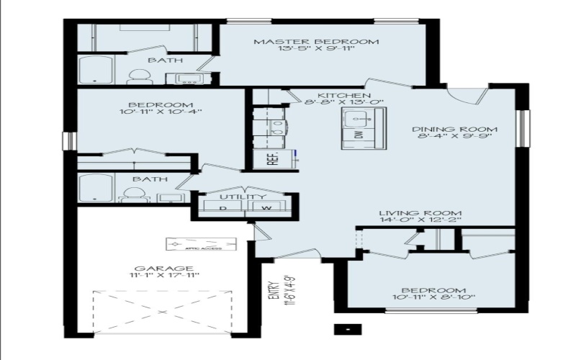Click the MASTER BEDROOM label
(x=315, y=42)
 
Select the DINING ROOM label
(x=454, y=130)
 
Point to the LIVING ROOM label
(x=420, y=214)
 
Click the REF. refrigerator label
(x=273, y=159)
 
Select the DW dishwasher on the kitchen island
(x=357, y=135)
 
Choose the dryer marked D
(x=222, y=209)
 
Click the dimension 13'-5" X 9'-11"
(x=315, y=51)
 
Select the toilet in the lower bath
(x=134, y=194)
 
